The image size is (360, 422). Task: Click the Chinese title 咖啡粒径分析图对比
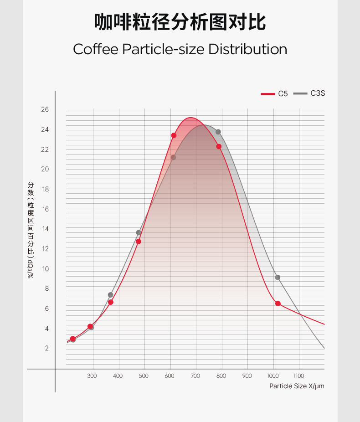[x=180, y=22]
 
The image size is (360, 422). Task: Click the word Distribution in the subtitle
[x=247, y=49]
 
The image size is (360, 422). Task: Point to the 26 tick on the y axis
[x=45, y=110]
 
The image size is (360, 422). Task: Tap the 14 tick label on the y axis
[x=45, y=229]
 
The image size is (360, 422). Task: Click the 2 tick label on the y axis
[x=46, y=348]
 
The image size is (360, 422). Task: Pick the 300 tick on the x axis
[x=92, y=376]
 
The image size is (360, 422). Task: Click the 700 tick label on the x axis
[x=195, y=376]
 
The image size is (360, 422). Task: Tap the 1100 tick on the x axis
[x=298, y=376]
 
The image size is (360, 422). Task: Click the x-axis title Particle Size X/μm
[x=297, y=386]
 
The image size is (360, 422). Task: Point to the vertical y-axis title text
[x=31, y=230]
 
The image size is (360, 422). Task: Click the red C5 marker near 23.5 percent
[x=174, y=135]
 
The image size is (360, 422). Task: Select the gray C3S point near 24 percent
[x=218, y=132]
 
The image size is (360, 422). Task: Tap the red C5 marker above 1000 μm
[x=278, y=304]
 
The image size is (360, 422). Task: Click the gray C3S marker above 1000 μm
[x=278, y=278]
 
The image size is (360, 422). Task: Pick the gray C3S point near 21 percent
[x=173, y=158]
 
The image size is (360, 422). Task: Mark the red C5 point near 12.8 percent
[x=139, y=242]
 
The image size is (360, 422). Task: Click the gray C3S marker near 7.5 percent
[x=110, y=295]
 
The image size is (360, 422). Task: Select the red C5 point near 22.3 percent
[x=219, y=146]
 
